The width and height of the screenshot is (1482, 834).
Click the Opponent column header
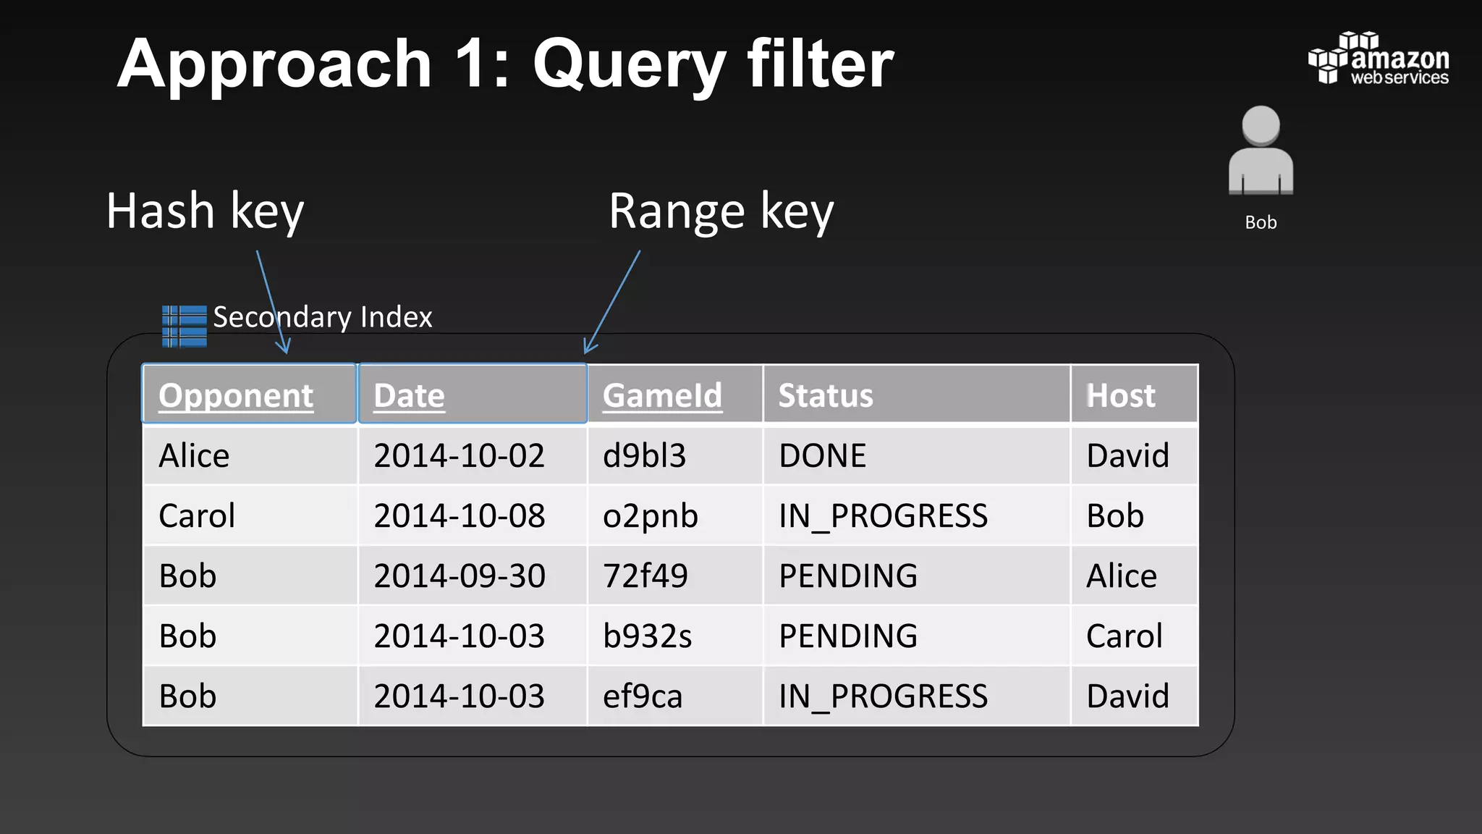[236, 395]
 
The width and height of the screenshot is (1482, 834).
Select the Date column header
[409, 395]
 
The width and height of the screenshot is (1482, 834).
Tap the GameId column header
[662, 395]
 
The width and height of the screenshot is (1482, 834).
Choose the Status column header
[826, 395]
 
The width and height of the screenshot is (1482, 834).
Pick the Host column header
[1120, 395]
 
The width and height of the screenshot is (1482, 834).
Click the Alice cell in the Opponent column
[194, 456]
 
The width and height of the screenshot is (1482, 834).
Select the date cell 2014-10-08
[459, 516]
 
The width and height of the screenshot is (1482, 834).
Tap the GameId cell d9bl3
[644, 456]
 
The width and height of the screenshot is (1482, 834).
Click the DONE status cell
[822, 456]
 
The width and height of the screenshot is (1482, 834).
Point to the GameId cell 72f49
[645, 576]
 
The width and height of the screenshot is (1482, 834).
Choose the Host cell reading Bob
[1114, 516]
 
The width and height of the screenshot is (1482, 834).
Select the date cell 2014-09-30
[459, 576]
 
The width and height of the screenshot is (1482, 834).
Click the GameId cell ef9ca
[643, 696]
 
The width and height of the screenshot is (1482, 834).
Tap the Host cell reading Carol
[1124, 636]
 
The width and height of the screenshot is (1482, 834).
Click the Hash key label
[205, 211]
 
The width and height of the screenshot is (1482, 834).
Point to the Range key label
[721, 211]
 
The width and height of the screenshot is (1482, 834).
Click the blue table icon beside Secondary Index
[185, 326]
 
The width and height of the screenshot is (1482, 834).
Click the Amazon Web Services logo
[1379, 59]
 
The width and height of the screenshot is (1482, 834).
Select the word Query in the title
[629, 65]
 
